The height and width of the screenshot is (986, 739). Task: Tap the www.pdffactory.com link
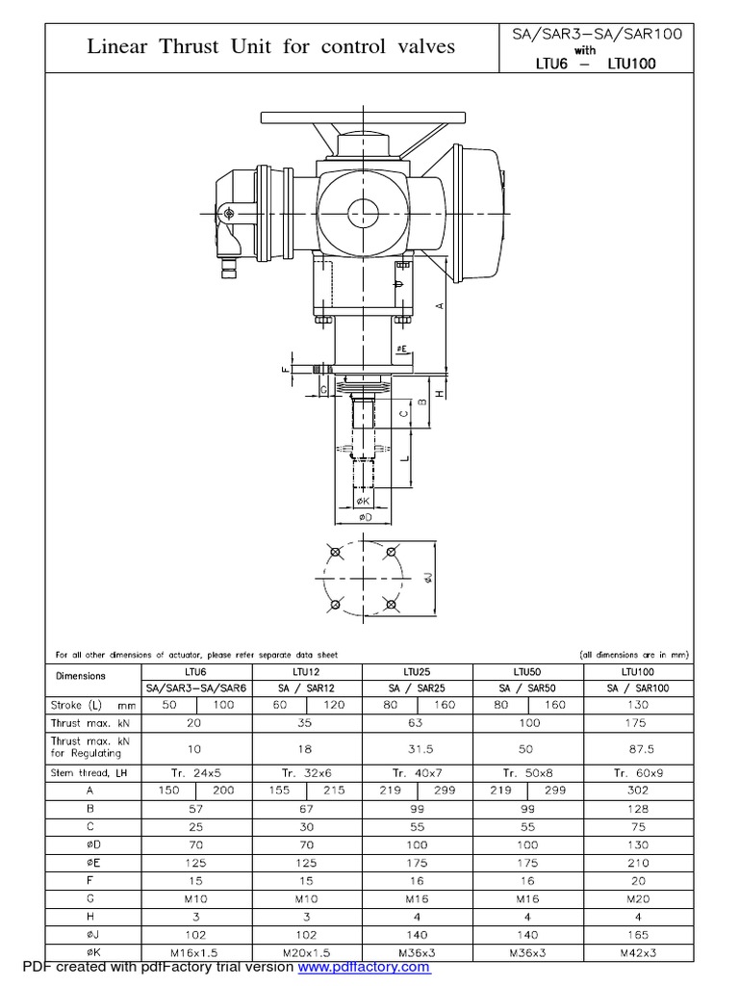click(363, 967)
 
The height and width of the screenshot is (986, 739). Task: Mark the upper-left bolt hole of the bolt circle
click(334, 553)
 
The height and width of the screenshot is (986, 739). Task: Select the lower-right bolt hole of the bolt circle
click(391, 604)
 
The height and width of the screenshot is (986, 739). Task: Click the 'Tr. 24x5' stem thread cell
click(197, 772)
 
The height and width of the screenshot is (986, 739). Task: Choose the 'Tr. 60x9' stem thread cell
click(636, 772)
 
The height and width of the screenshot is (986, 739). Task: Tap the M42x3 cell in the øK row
click(636, 953)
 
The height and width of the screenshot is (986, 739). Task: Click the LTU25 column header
click(417, 670)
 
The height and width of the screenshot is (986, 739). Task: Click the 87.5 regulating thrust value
click(636, 747)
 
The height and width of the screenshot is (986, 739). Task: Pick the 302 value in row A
click(636, 791)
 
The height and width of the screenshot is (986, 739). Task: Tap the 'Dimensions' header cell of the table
click(94, 677)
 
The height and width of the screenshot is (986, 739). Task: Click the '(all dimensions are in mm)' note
click(634, 655)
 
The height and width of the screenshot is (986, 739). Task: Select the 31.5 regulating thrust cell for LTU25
click(417, 747)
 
